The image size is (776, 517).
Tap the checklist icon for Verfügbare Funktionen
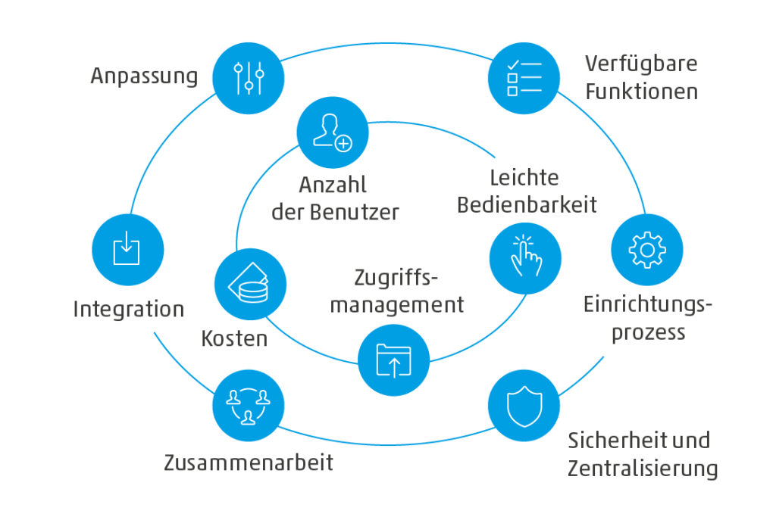click(524, 79)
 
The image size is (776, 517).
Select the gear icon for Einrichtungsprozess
click(646, 250)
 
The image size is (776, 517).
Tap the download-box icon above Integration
click(127, 248)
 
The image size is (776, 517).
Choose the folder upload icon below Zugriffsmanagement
click(393, 359)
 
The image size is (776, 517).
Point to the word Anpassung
click(144, 77)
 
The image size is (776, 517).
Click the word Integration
click(128, 310)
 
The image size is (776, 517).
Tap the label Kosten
click(234, 338)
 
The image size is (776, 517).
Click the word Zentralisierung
click(643, 469)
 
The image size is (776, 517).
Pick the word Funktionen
click(641, 92)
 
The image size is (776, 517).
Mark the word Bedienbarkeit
click(527, 204)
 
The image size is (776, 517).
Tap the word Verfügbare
click(641, 64)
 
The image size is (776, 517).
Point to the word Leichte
click(524, 177)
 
